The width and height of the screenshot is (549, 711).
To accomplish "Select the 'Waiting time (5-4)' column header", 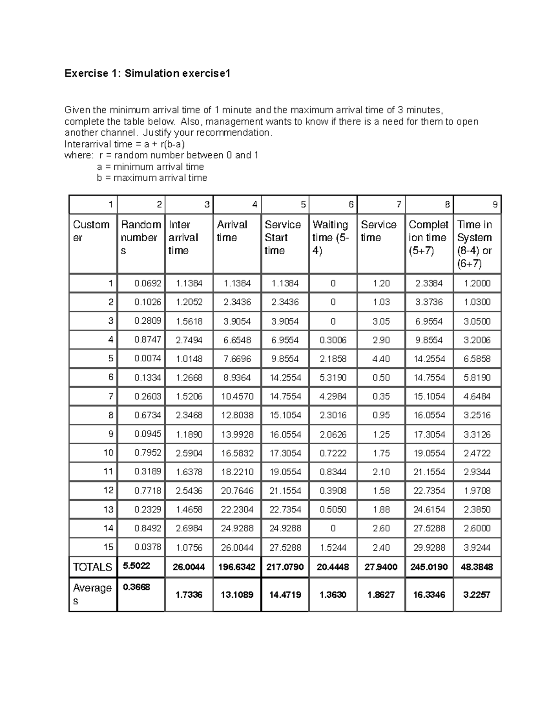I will (x=331, y=238).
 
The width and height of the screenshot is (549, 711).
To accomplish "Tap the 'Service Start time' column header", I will (x=283, y=238).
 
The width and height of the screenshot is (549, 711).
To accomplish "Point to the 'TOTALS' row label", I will (x=92, y=567).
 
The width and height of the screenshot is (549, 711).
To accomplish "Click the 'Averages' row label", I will (x=92, y=594).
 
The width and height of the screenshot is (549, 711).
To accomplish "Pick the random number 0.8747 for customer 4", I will (x=147, y=340).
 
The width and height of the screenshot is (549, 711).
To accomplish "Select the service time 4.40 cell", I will (x=381, y=359).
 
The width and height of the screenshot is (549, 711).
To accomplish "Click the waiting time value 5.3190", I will (x=333, y=378).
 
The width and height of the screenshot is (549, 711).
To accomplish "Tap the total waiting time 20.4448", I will (x=333, y=567).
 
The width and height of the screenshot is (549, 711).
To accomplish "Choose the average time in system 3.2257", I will (x=477, y=594).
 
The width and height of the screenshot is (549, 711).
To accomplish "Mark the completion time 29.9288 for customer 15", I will (x=429, y=548).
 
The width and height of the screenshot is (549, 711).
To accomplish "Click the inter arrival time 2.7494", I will (x=189, y=340).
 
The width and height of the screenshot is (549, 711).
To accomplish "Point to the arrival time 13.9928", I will (x=237, y=434).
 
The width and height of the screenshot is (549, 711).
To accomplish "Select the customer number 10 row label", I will (x=108, y=453).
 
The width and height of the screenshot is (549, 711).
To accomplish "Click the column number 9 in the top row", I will (x=495, y=205).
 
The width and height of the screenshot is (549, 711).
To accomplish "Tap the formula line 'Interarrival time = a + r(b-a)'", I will (x=124, y=144).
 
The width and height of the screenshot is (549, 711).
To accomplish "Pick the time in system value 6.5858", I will (x=477, y=359).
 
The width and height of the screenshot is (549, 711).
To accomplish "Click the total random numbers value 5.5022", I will (x=136, y=566).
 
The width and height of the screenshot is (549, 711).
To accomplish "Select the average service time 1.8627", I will (x=381, y=594).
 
